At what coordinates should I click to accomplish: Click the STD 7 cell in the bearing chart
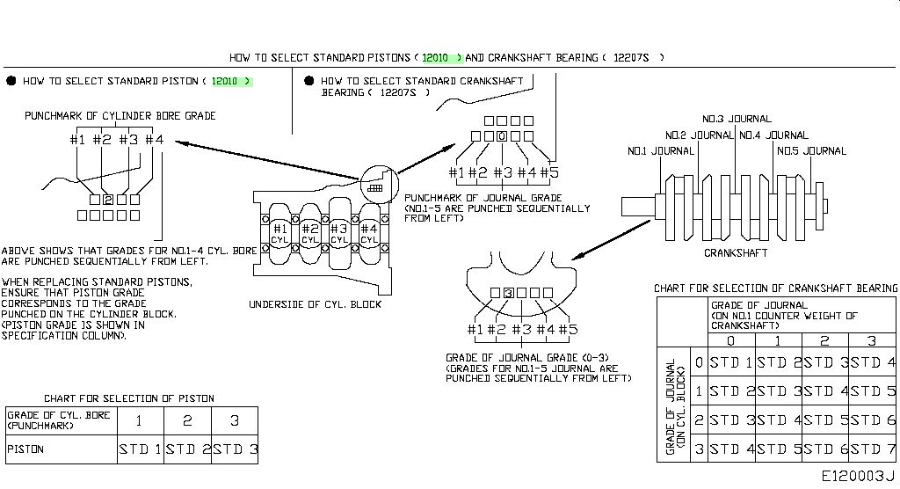tap(872, 449)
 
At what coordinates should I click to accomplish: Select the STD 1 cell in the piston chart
tap(141, 449)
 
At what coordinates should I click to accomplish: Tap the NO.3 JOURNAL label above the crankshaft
tap(737, 119)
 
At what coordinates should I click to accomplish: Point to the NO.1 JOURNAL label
tap(661, 151)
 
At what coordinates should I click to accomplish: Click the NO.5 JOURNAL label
tap(811, 151)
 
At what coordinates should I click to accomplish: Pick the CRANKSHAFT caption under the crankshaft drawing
tap(736, 252)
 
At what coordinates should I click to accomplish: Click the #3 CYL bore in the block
tap(339, 235)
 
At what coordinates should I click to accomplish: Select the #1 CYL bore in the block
tap(279, 235)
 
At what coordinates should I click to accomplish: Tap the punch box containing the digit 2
tap(108, 200)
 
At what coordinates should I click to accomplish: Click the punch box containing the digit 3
tap(509, 293)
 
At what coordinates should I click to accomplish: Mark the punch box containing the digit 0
tap(502, 136)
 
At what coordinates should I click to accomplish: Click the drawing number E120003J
tap(858, 476)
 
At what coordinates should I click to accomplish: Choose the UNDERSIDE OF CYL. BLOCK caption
tap(316, 304)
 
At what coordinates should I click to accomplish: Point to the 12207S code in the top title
tap(631, 57)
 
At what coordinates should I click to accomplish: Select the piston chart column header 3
tap(234, 420)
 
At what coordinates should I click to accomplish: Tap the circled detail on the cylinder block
tap(379, 184)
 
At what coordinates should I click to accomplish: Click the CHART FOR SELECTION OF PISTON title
tap(129, 398)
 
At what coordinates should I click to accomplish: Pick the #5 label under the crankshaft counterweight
tap(568, 329)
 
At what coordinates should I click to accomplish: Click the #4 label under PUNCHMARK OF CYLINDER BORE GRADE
tap(154, 139)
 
